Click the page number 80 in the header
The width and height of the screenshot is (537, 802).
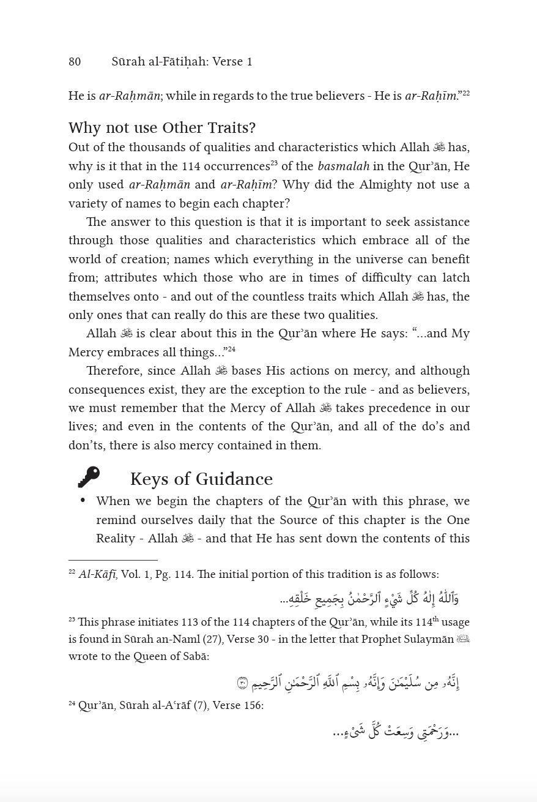coord(75,62)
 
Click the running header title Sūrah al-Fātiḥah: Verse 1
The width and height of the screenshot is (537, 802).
coord(182,62)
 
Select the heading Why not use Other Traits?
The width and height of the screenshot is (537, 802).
coord(162,128)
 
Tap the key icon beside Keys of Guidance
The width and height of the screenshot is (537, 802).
coord(89,477)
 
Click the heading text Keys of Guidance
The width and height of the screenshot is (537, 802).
coord(201,479)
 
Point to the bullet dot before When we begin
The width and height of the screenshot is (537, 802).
coord(83,501)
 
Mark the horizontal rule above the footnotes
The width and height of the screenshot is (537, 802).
coord(113,560)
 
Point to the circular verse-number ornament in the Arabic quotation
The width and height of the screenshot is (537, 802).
coord(243,683)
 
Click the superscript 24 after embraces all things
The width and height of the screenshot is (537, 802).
coord(232,350)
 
